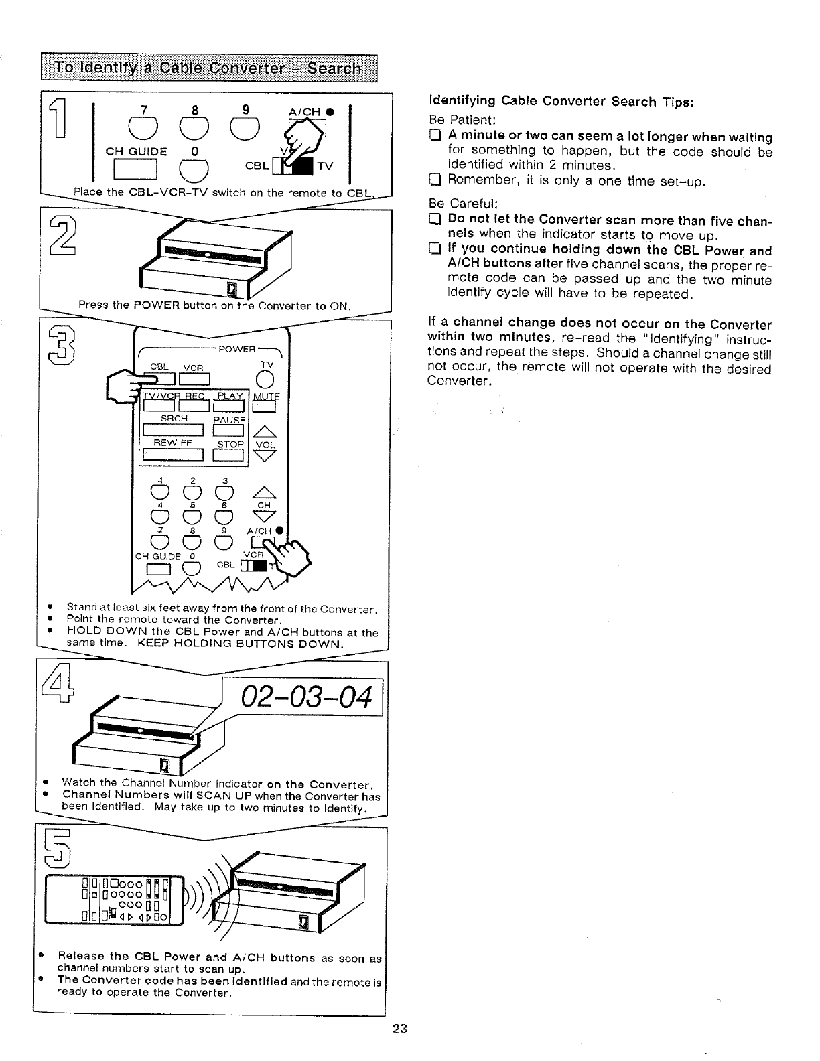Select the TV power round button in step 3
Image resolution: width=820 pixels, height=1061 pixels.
click(x=269, y=379)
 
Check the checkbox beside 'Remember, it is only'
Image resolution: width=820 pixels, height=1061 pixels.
click(x=434, y=180)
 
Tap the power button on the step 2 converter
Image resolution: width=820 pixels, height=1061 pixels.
click(x=233, y=289)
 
